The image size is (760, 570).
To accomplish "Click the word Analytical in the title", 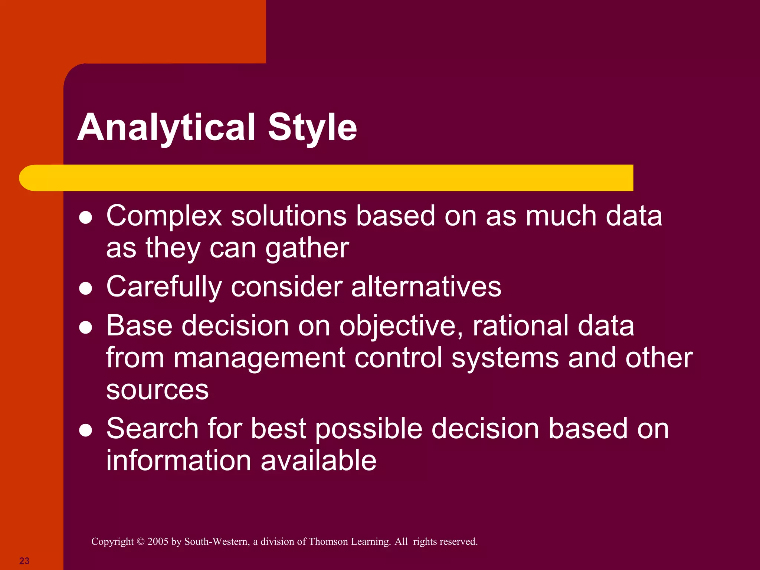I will (x=167, y=127).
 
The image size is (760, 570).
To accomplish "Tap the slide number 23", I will (x=24, y=561).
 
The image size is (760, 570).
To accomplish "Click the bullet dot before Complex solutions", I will (x=86, y=218).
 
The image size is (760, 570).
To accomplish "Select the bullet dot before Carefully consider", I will (x=86, y=289).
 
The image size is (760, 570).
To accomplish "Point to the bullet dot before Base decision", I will (x=86, y=328).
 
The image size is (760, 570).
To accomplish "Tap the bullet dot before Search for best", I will (x=86, y=430).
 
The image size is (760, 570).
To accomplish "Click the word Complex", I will (x=164, y=216).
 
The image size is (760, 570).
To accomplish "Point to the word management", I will (x=259, y=358).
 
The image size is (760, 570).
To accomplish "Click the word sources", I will (x=157, y=390).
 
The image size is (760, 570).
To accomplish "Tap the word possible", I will (x=369, y=429).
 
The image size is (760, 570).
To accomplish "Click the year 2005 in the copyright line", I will (x=158, y=541).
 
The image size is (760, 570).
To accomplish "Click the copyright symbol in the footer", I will (x=140, y=541).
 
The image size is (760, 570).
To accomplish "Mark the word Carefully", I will (x=164, y=287).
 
